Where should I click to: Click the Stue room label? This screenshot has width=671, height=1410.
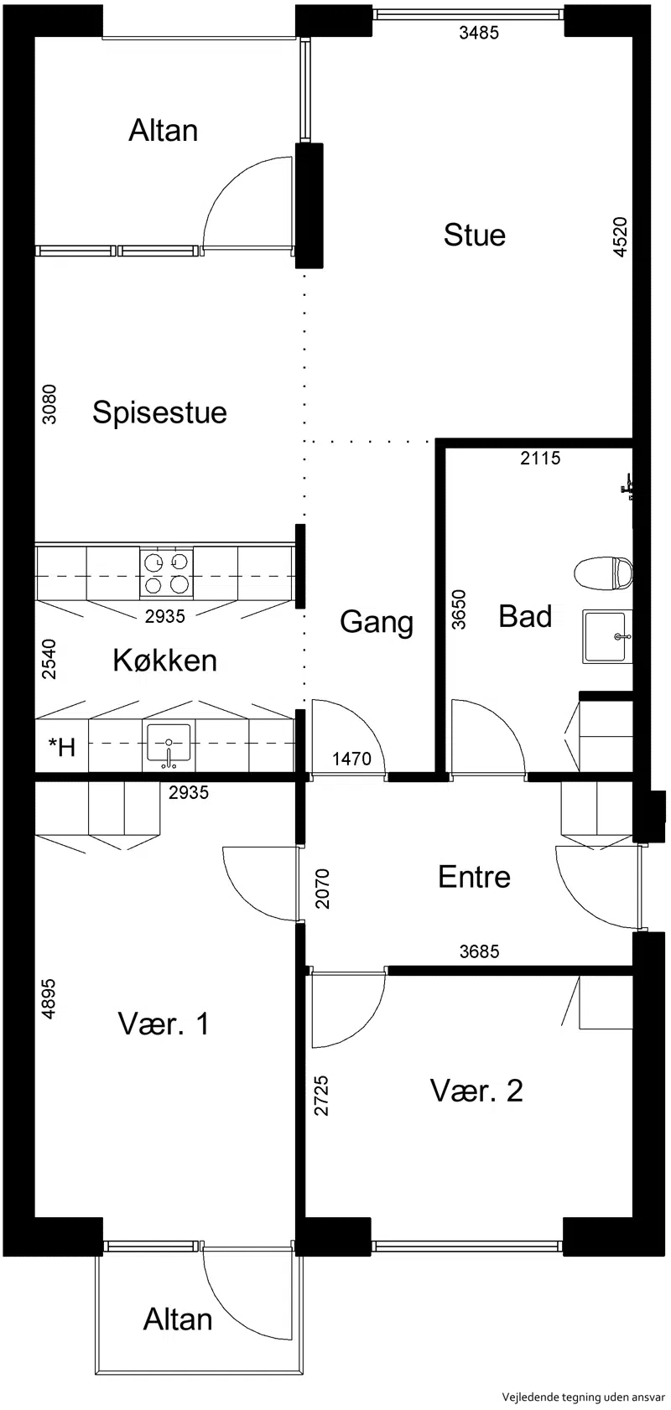(475, 235)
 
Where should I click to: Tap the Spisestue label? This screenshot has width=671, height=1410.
(159, 412)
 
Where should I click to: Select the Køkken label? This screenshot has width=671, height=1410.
(165, 661)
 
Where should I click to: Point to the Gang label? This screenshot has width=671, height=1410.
(377, 623)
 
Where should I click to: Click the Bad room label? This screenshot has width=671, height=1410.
(525, 616)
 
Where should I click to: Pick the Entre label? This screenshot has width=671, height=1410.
(475, 877)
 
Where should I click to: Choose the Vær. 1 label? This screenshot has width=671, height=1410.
(164, 1024)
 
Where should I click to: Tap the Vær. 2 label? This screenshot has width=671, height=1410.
(476, 1091)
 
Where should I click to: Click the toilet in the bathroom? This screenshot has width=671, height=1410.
(604, 573)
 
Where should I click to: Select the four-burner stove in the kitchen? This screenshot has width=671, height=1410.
(166, 573)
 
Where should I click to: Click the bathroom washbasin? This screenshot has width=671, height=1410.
(607, 636)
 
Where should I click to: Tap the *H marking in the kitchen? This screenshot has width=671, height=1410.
(62, 747)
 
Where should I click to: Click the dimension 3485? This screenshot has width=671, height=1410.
(479, 33)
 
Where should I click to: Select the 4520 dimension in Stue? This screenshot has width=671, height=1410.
(620, 236)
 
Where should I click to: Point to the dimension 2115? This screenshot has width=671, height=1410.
(541, 458)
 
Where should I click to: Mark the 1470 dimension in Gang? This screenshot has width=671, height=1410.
(351, 759)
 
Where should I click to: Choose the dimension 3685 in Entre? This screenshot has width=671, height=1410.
(480, 951)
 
